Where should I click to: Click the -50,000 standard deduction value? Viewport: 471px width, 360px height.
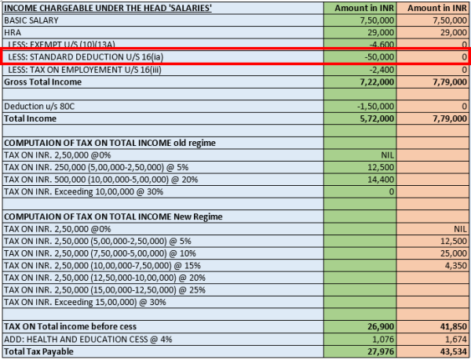378,57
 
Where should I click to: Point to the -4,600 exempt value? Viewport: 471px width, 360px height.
382,45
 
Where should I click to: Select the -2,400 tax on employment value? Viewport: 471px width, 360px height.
382,70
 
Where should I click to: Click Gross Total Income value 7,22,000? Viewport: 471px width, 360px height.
374,82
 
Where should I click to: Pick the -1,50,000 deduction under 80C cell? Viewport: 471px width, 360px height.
374,106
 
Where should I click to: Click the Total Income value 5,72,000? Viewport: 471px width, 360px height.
374,118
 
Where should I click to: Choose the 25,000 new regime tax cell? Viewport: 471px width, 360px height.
451,253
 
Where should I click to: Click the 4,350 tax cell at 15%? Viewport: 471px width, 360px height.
454,265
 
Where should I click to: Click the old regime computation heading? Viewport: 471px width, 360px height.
109,143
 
